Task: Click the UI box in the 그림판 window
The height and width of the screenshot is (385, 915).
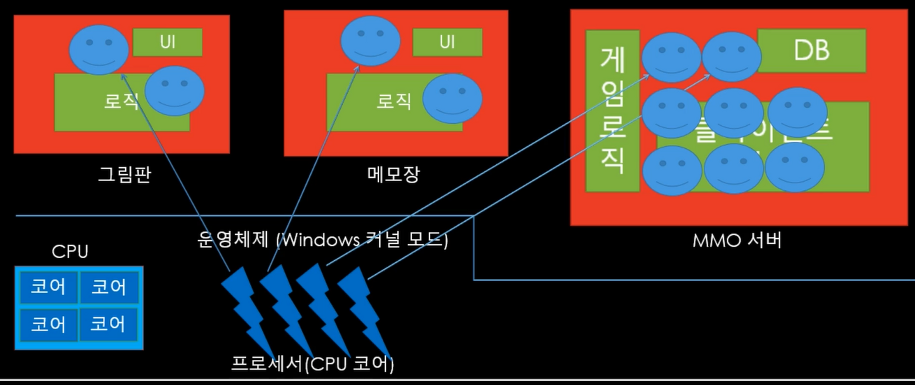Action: (x=167, y=42)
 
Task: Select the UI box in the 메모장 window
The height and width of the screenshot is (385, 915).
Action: (x=447, y=42)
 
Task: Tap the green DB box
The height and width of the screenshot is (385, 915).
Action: (x=812, y=50)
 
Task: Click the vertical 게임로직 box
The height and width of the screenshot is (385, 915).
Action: (x=612, y=111)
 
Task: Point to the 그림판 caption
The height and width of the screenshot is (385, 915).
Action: (x=124, y=174)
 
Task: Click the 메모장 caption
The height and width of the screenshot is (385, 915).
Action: (x=393, y=174)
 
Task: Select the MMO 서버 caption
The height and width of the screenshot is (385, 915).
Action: (x=737, y=240)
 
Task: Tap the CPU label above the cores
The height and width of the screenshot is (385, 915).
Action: (x=70, y=251)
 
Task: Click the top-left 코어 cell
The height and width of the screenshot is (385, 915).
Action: (x=48, y=287)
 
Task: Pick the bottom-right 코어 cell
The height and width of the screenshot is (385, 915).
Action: (x=108, y=324)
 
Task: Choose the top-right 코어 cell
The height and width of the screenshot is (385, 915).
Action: (x=108, y=287)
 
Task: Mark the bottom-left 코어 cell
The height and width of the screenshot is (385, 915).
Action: (x=48, y=324)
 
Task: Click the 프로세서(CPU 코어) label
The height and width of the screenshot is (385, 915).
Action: (x=312, y=363)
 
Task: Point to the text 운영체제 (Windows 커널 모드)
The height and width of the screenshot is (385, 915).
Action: (x=323, y=239)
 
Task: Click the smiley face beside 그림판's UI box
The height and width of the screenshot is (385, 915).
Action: (x=98, y=49)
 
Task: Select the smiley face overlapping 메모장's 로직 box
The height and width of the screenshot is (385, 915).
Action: (x=452, y=98)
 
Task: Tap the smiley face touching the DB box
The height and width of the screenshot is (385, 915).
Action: (x=731, y=57)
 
